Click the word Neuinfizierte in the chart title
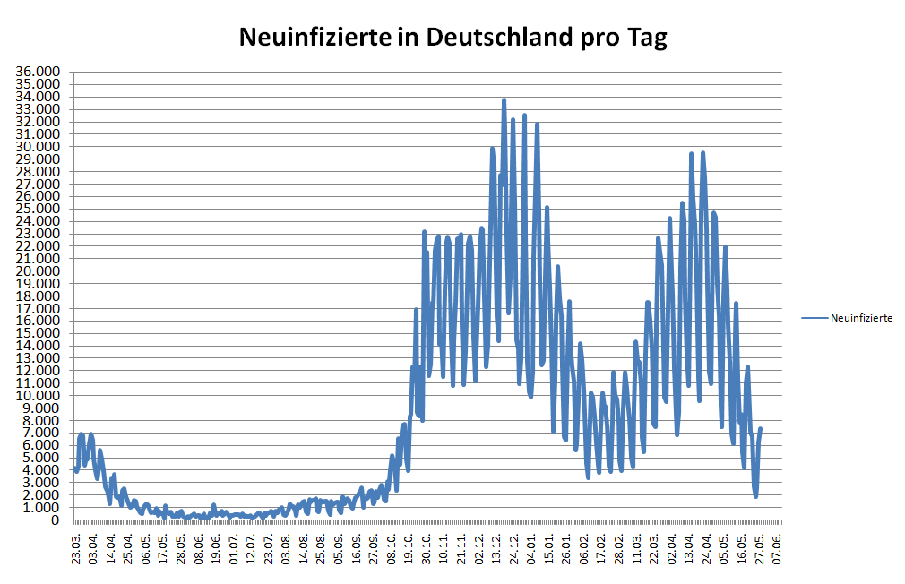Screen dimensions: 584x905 315,38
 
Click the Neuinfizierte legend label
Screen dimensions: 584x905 861,318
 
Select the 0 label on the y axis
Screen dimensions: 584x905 56,520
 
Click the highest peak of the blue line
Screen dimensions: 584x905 504,99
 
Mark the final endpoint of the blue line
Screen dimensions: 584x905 760,429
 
